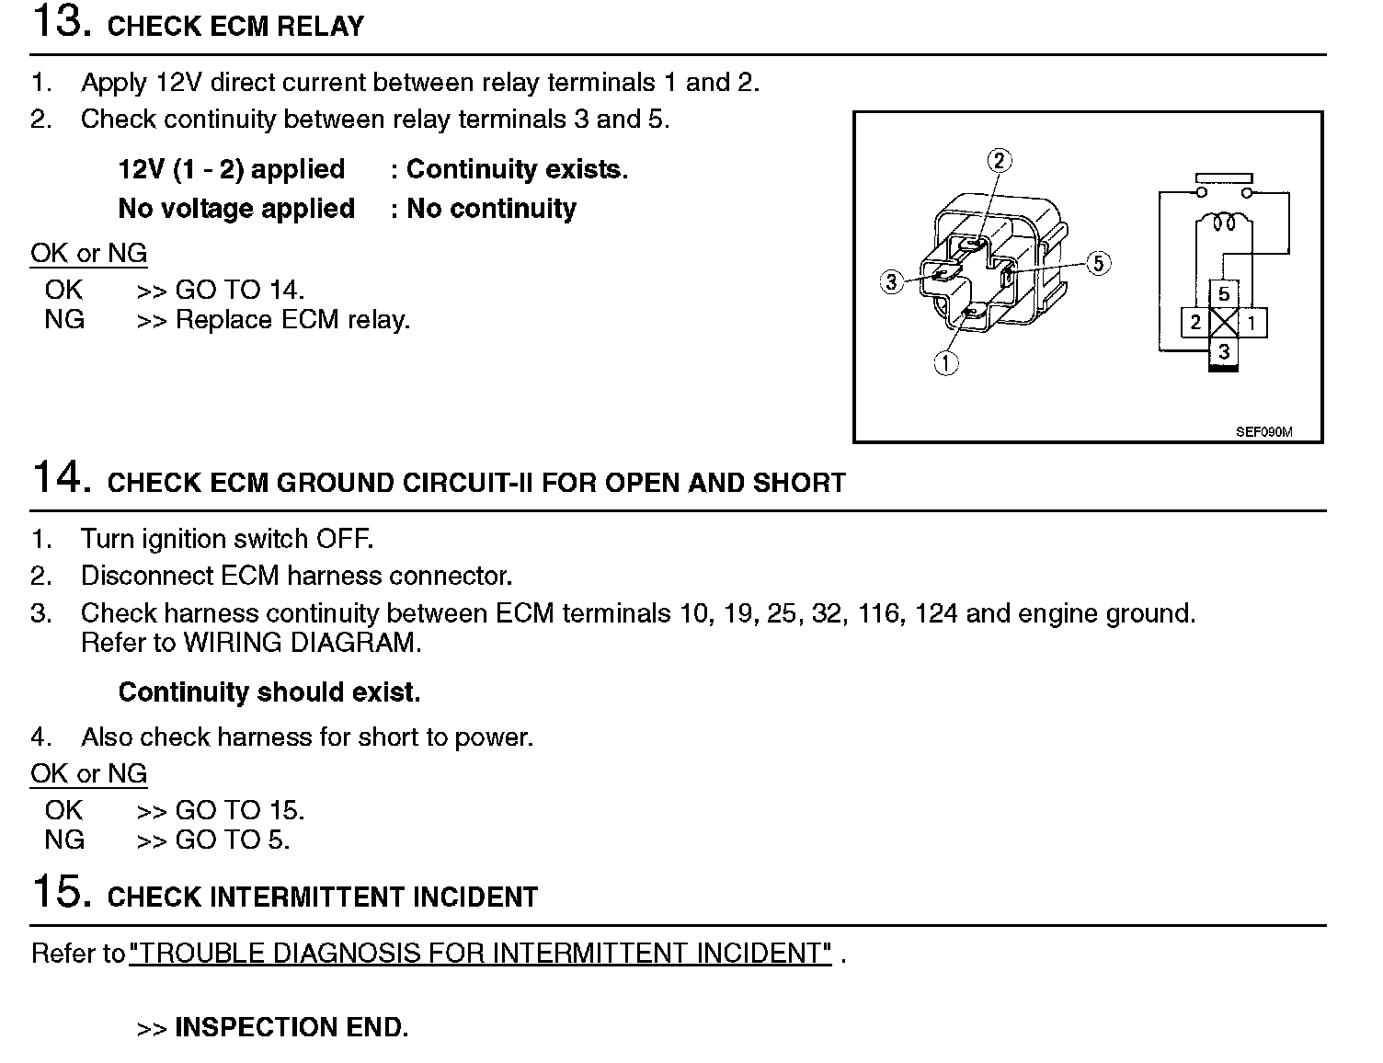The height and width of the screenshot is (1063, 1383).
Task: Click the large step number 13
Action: click(x=60, y=23)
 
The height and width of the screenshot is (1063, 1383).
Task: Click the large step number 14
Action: click(x=60, y=479)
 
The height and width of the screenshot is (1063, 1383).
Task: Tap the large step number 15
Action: click(x=60, y=893)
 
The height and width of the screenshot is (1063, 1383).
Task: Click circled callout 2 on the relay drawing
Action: click(x=1000, y=161)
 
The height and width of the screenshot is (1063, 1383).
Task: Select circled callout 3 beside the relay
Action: click(x=891, y=281)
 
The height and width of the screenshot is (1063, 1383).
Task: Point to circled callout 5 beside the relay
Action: click(x=1099, y=264)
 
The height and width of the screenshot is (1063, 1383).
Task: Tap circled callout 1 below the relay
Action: click(x=946, y=363)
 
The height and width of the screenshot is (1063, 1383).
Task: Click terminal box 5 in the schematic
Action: click(x=1224, y=294)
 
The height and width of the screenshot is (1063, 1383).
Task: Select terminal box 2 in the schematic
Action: click(x=1195, y=323)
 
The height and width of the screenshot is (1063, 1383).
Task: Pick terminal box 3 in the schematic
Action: click(x=1224, y=351)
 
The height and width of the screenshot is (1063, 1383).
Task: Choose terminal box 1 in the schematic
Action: click(x=1252, y=323)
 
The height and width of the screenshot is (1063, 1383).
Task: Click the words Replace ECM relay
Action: click(x=292, y=320)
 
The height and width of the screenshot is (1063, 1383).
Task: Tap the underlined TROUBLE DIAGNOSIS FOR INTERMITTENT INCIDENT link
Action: click(x=481, y=953)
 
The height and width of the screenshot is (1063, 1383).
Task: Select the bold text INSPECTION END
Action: click(x=291, y=1027)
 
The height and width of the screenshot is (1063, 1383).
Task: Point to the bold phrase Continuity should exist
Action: click(x=269, y=692)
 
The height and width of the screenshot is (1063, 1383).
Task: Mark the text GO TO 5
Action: click(x=232, y=840)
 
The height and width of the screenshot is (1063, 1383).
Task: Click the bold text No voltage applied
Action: click(x=236, y=209)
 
